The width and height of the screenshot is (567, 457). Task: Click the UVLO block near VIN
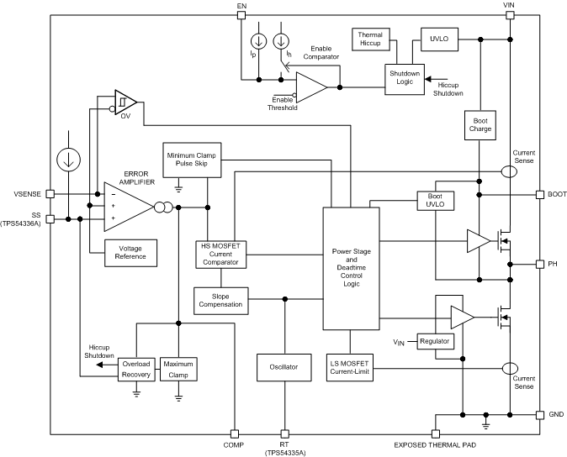click(x=439, y=39)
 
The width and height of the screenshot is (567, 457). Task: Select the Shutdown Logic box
click(x=403, y=76)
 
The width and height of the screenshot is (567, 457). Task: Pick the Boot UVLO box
click(x=436, y=200)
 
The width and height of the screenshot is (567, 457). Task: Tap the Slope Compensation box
click(x=220, y=298)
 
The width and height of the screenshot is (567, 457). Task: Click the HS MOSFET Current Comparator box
click(x=220, y=253)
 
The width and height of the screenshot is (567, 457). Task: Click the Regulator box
click(x=436, y=342)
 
